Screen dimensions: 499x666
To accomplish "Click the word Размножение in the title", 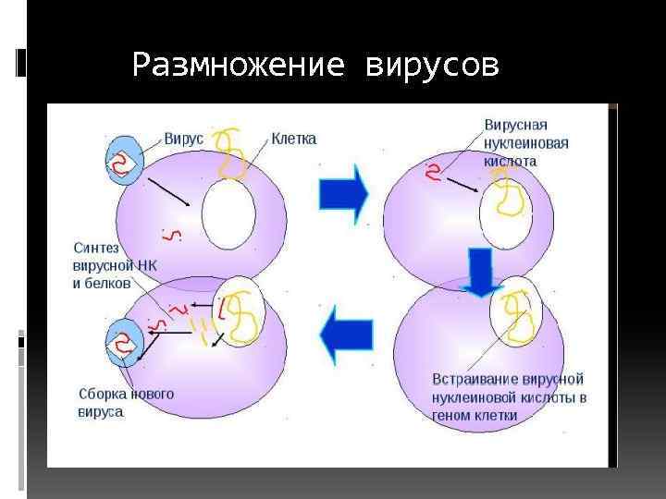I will (x=240, y=66).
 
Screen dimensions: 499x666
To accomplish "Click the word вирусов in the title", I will (x=433, y=66).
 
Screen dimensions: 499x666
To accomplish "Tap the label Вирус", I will (x=184, y=139).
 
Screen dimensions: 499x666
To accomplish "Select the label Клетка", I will (x=293, y=139).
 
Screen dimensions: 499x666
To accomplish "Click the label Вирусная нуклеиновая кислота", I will (x=525, y=142).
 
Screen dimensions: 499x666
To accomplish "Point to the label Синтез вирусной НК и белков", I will (x=116, y=265).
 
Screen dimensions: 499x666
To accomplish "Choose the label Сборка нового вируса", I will (x=125, y=402).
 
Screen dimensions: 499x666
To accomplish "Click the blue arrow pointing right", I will (x=343, y=194).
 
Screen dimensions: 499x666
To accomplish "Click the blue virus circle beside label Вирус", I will (x=124, y=160).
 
